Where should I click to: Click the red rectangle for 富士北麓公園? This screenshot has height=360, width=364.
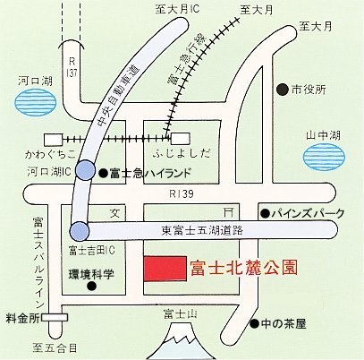point(165,269)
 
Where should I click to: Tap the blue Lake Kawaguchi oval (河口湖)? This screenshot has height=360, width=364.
point(35,102)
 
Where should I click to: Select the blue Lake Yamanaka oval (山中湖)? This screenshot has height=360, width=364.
point(324,157)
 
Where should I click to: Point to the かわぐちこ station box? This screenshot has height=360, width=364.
point(54,139)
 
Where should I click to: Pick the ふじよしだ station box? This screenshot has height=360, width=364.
point(180,139)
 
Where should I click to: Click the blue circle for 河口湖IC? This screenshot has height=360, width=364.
point(85,170)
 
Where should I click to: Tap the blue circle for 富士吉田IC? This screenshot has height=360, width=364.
point(80,231)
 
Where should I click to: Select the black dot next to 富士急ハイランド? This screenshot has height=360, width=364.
point(103,173)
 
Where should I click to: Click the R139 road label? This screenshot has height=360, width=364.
point(182,194)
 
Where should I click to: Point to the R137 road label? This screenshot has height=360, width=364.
point(72,68)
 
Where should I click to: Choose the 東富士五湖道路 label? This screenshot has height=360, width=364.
point(202,230)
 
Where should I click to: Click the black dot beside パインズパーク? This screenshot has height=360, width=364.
point(265,213)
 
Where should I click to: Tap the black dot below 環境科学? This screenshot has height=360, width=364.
point(91,286)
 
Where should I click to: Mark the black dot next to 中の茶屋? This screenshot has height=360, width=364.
point(254,323)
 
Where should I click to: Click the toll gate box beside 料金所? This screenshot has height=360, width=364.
point(55,318)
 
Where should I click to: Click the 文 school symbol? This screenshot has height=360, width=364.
point(115,213)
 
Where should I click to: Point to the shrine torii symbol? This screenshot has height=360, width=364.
point(228,213)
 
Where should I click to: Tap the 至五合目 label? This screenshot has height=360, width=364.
point(55,347)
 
